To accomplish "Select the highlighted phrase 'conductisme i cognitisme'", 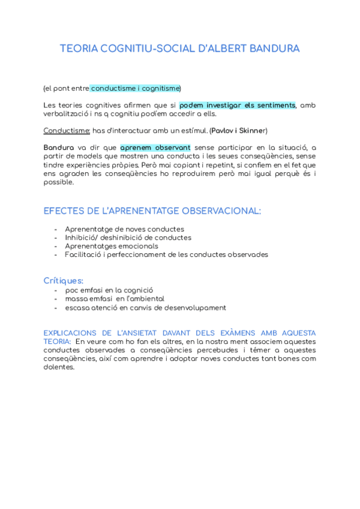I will tap(134, 88).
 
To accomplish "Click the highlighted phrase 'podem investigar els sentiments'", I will tap(238, 105).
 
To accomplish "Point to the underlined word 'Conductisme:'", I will tap(67, 130).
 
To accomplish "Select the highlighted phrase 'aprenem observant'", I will tap(155, 147).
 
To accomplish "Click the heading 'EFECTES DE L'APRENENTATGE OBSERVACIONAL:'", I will tap(152, 211).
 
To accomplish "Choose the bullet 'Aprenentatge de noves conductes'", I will tap(124, 229).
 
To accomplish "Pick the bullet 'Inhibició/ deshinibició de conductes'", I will tap(128, 238).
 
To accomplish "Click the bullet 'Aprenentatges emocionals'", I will tap(112, 246).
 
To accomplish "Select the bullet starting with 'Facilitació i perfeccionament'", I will tap(166, 254).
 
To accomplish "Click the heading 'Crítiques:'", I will tap(64, 280).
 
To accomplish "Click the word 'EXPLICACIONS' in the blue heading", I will tap(76, 333).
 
